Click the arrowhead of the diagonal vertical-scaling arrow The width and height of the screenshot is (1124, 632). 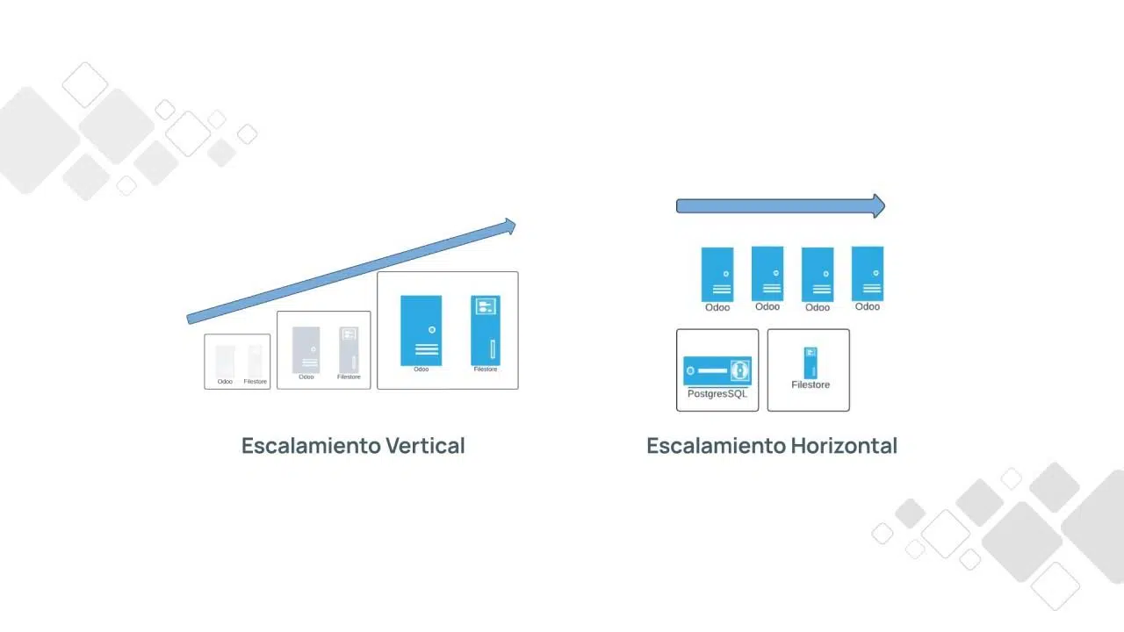pyautogui.click(x=508, y=227)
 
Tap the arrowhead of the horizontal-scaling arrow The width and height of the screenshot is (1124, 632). pyautogui.click(x=877, y=206)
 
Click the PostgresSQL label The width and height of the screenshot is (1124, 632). pyautogui.click(x=717, y=394)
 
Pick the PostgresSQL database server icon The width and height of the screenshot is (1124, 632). pyautogui.click(x=717, y=370)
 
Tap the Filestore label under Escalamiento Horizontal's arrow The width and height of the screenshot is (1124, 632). pyautogui.click(x=810, y=385)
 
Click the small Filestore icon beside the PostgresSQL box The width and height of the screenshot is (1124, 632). pyautogui.click(x=810, y=363)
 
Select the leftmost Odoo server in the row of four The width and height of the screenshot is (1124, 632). pyautogui.click(x=717, y=274)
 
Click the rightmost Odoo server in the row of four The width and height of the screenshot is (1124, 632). pyautogui.click(x=868, y=273)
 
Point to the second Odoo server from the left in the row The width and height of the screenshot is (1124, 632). pyautogui.click(x=767, y=273)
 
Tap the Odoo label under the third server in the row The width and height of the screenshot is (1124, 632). pyautogui.click(x=818, y=308)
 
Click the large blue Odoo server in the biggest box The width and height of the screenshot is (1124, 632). pyautogui.click(x=421, y=330)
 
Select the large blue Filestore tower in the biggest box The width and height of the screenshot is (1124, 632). pyautogui.click(x=486, y=330)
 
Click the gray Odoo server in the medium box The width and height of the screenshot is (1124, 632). pyautogui.click(x=306, y=349)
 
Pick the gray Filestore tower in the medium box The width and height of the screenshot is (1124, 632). pyautogui.click(x=349, y=349)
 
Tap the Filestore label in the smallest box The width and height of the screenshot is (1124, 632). pyautogui.click(x=256, y=382)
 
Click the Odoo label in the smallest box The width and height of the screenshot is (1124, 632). pyautogui.click(x=225, y=382)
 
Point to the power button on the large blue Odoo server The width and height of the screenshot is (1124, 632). pyautogui.click(x=432, y=330)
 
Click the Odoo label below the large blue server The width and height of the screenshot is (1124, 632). pyautogui.click(x=421, y=370)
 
